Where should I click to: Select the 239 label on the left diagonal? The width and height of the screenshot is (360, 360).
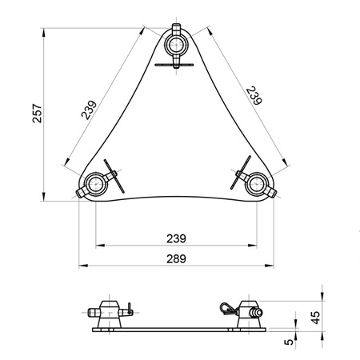(x=88, y=110)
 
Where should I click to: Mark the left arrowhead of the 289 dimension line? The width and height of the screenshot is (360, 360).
(x=80, y=266)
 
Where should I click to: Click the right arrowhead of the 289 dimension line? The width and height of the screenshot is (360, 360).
(x=274, y=266)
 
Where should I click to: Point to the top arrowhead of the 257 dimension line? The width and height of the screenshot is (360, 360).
(x=43, y=33)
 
